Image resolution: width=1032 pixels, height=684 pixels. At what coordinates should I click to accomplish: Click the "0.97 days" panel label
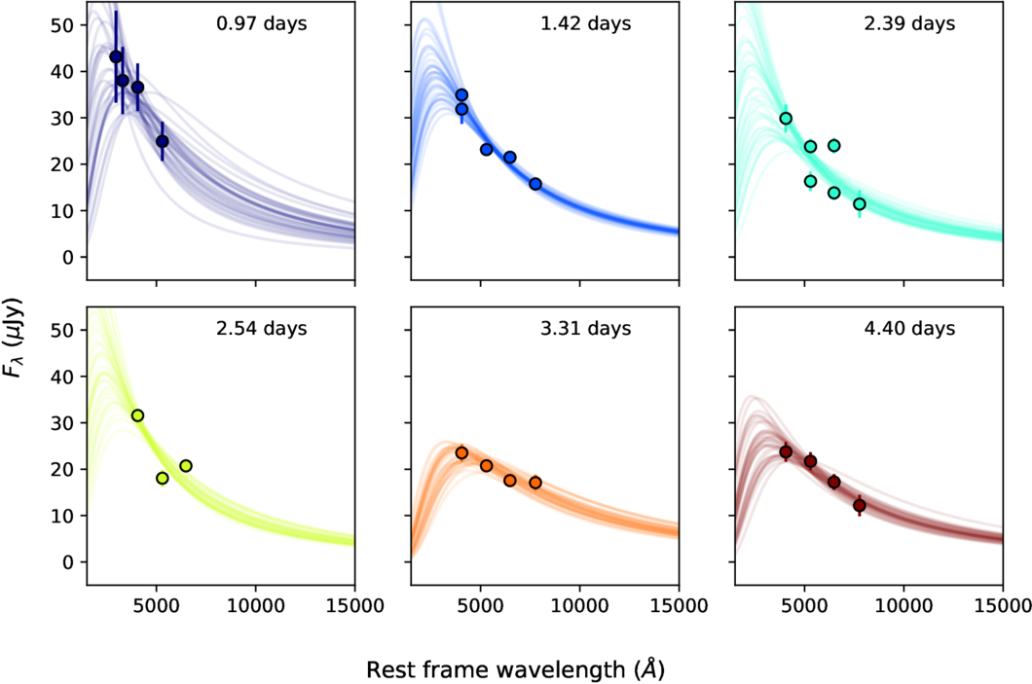[x=261, y=22]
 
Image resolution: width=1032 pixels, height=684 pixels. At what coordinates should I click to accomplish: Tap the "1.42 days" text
[x=586, y=22]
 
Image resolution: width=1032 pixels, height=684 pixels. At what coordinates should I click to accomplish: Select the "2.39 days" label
[x=910, y=22]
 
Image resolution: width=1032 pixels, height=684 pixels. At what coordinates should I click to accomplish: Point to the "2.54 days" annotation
[x=261, y=328]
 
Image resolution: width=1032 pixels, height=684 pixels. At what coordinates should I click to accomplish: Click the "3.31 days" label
[x=586, y=328]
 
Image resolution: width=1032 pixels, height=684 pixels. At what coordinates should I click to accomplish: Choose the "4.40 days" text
[x=910, y=328]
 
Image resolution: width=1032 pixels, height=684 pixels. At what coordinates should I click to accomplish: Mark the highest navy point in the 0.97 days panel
[x=116, y=56]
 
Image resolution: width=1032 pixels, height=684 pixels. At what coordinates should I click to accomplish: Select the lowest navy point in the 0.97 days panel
[x=163, y=141]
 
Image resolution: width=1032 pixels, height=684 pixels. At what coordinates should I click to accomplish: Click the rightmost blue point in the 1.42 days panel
[x=535, y=184]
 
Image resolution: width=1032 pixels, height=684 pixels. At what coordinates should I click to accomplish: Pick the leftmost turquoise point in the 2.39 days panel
[x=786, y=119]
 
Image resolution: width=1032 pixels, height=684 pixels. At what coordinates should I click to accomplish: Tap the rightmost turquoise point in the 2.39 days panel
[x=860, y=204]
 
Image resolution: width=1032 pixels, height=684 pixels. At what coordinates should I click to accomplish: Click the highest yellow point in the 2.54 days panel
[x=137, y=415]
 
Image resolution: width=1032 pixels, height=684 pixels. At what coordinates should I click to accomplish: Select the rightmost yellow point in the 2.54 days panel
[x=186, y=466]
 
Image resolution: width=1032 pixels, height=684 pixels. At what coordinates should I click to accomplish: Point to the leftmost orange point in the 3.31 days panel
[x=461, y=452]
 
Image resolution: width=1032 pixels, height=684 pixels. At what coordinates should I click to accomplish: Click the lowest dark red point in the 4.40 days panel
[x=860, y=505]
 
